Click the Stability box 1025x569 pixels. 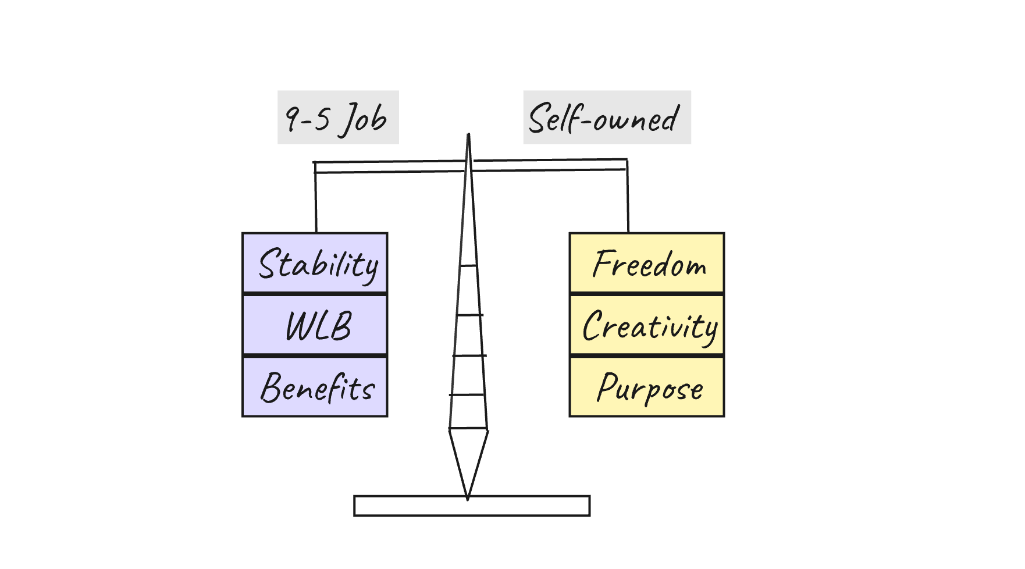[x=315, y=263]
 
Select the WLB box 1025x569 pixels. [x=315, y=325]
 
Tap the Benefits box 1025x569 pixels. [x=315, y=386]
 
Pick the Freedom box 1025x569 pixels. [x=646, y=263]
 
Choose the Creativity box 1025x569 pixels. [x=646, y=325]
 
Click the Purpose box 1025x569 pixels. [x=646, y=386]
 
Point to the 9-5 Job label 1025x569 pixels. [x=337, y=118]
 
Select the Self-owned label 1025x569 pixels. [x=606, y=118]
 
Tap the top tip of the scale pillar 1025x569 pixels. [x=468, y=136]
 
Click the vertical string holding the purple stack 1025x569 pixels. [x=316, y=201]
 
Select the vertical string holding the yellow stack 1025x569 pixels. [x=628, y=198]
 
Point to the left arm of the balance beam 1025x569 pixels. [x=390, y=167]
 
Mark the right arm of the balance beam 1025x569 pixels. [x=550, y=165]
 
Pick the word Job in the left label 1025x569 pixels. [x=364, y=119]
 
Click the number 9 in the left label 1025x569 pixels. [x=292, y=118]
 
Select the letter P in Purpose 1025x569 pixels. [x=607, y=387]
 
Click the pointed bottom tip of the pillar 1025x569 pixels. [x=468, y=497]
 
